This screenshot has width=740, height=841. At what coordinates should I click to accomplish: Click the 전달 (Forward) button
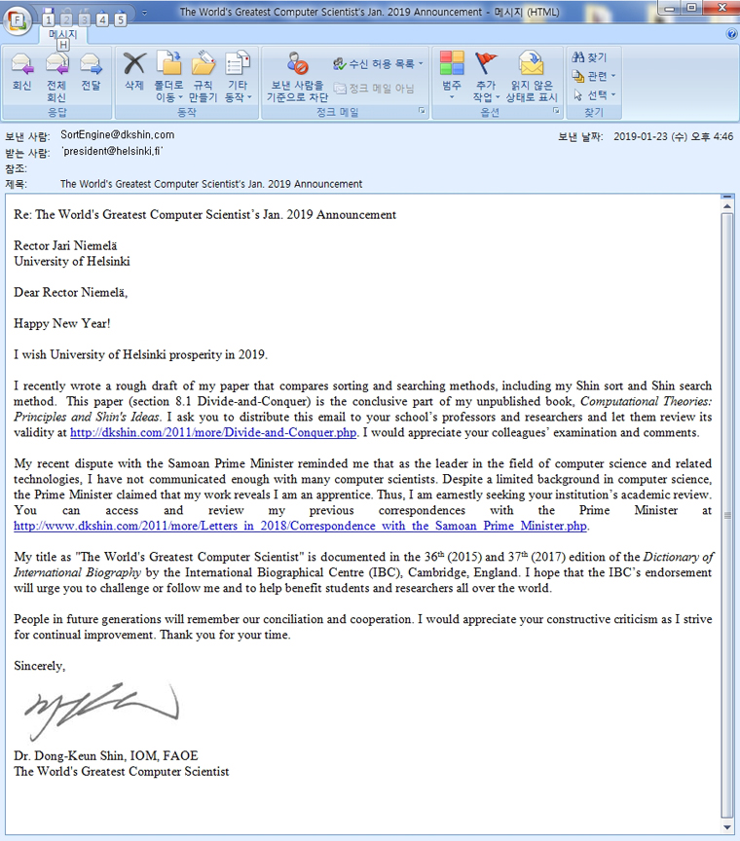pos(91,73)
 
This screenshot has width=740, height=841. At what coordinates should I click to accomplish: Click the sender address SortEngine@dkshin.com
pos(117,135)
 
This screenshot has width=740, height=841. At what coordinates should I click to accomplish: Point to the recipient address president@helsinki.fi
pos(111,152)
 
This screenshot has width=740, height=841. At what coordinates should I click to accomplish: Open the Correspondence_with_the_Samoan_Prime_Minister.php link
pos(301,527)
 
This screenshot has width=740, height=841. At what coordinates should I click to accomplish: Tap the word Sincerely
pos(40,667)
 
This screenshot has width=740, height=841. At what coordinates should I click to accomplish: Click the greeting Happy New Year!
pos(62,322)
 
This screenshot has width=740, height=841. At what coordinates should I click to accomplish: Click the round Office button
pos(18,18)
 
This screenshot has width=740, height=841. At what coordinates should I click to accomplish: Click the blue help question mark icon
pos(731,34)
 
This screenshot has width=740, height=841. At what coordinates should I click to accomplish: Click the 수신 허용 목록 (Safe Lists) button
pos(378,64)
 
